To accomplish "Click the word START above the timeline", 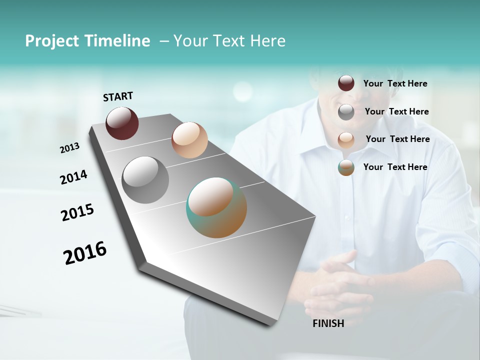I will click(x=118, y=96).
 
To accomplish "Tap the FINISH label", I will click(x=328, y=323).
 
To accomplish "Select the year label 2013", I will click(x=69, y=148).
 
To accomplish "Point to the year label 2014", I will click(x=73, y=177).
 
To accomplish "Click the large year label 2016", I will click(x=85, y=253).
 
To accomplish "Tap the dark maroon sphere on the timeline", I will click(x=122, y=123).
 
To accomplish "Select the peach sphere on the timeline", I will click(x=189, y=140).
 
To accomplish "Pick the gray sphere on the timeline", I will click(x=145, y=180).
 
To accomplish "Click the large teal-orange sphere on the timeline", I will click(x=216, y=207).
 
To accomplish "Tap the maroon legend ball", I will click(x=346, y=83).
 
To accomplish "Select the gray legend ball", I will click(x=346, y=112).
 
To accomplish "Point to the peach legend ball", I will click(x=346, y=140).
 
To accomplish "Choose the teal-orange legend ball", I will click(x=346, y=167).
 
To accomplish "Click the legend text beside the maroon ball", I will click(x=395, y=84).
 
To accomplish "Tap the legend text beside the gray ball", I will click(x=396, y=111).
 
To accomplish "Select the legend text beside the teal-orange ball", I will click(x=395, y=167).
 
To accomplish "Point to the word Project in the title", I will click(x=51, y=41).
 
